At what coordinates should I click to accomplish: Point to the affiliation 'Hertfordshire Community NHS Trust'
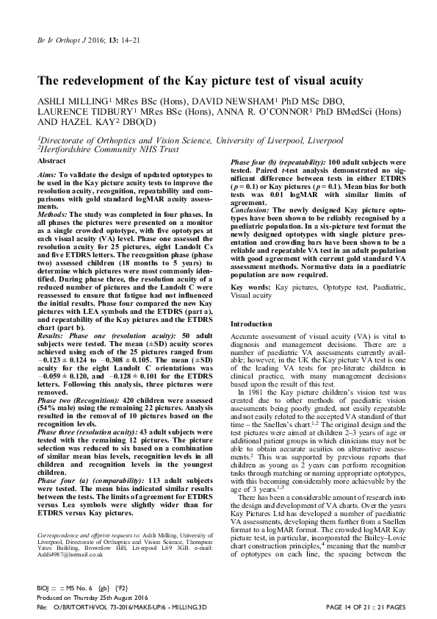point(103,148)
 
